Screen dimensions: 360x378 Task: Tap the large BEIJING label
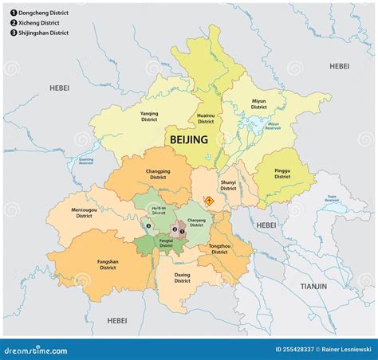click(x=188, y=139)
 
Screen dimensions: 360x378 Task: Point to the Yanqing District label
click(x=149, y=116)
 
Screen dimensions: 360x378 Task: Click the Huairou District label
click(x=206, y=119)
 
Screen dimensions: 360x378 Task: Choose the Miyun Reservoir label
click(x=273, y=126)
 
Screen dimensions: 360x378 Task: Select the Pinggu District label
click(x=282, y=174)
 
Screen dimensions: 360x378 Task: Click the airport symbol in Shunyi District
click(x=209, y=201)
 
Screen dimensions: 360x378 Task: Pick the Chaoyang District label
click(x=196, y=222)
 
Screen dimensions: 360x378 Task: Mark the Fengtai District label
click(x=166, y=242)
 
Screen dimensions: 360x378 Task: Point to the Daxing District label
click(x=183, y=278)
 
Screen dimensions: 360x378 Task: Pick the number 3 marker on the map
click(x=148, y=225)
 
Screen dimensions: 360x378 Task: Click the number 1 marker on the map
click(x=183, y=232)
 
